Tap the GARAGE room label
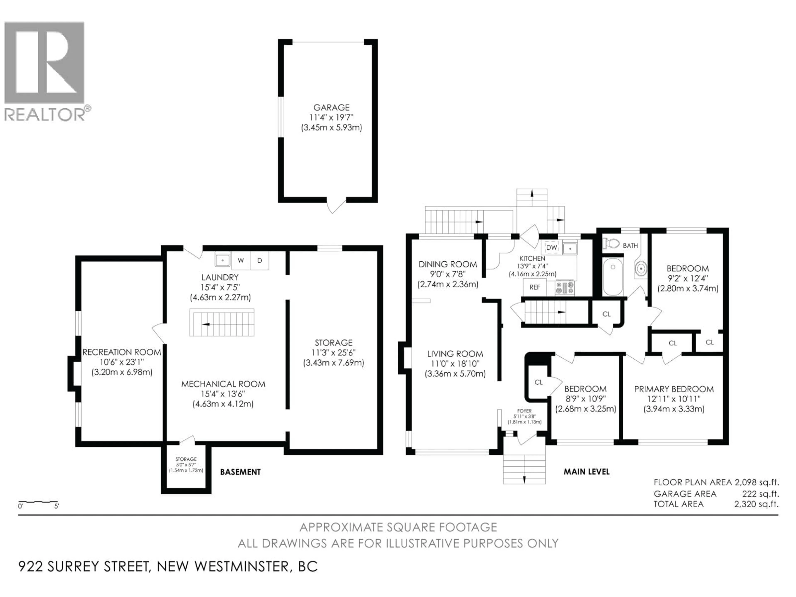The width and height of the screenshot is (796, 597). [331, 107]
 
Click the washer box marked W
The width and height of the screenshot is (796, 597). [241, 261]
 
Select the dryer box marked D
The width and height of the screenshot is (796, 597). [260, 261]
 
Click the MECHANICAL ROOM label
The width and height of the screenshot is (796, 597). [223, 384]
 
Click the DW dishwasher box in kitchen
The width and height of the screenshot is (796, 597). [551, 248]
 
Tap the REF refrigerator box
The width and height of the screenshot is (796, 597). [535, 287]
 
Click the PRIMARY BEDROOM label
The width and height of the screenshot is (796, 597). [674, 389]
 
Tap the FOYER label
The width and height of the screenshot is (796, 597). [524, 411]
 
